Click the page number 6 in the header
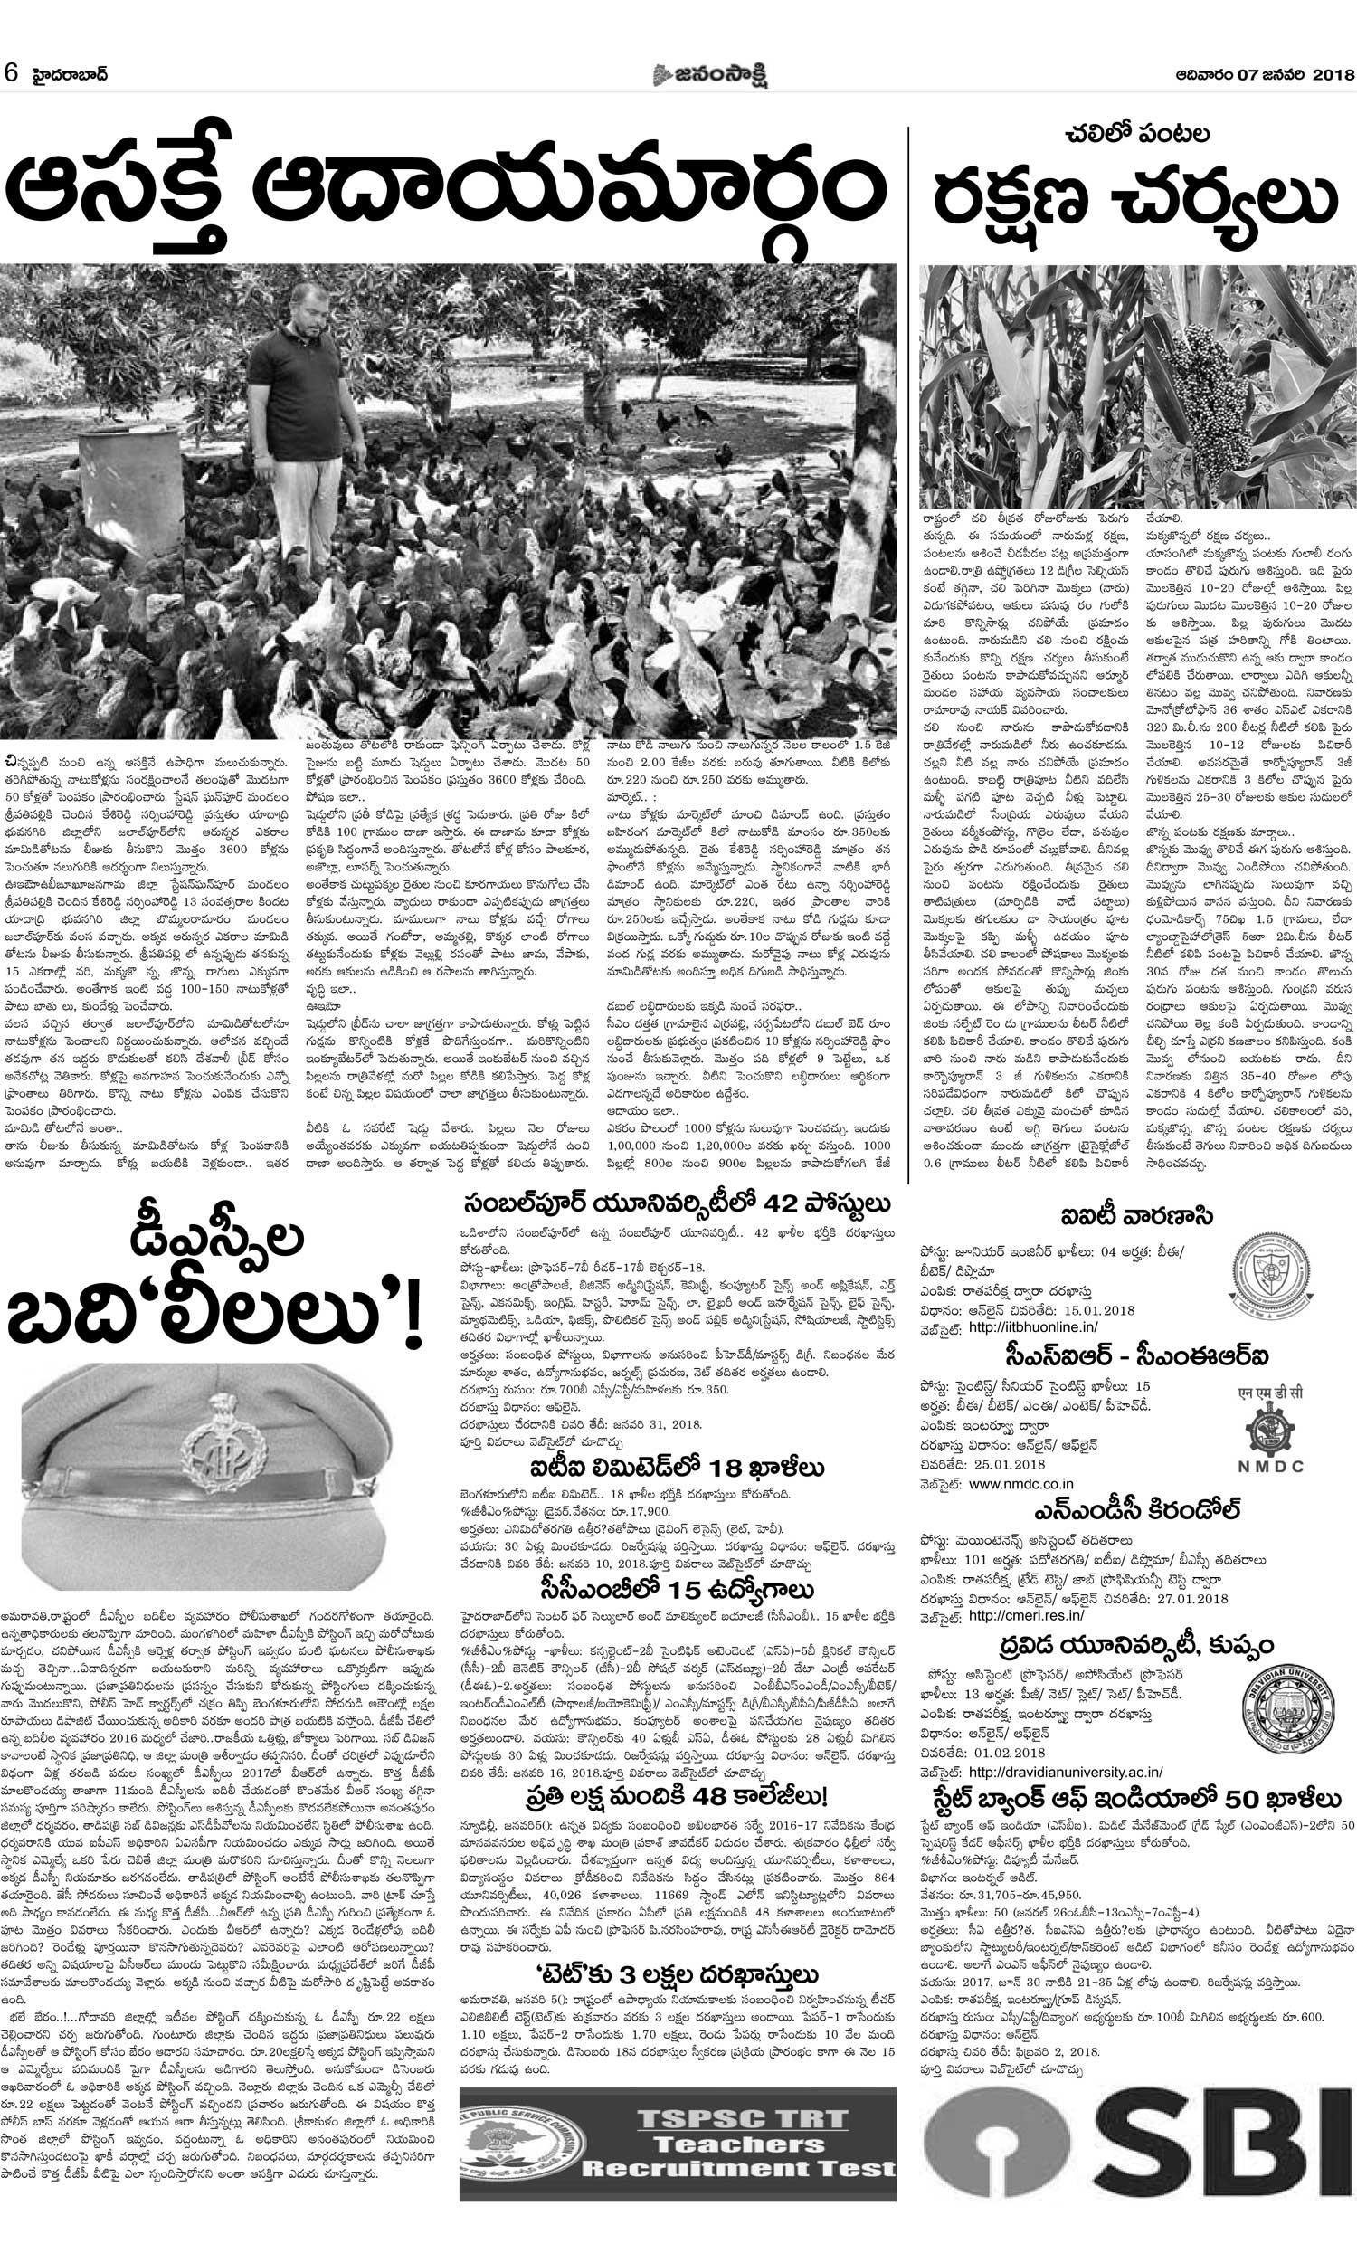point(12,74)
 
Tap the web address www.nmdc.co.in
point(1020,1483)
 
